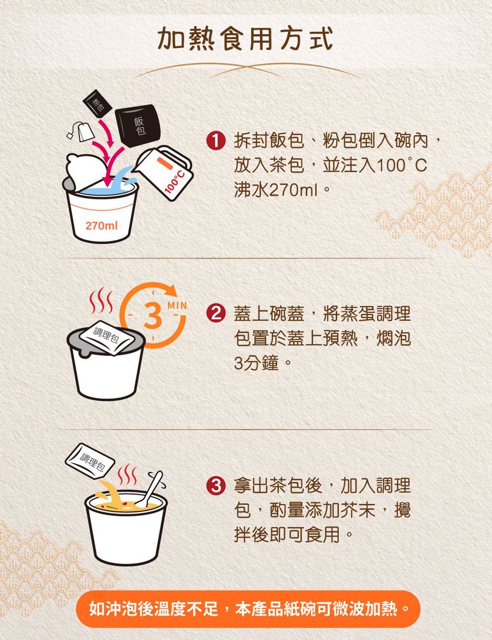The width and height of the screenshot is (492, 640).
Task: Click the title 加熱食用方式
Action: click(x=246, y=38)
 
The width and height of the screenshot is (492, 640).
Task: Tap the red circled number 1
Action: click(x=216, y=141)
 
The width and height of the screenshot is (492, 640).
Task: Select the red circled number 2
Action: click(x=216, y=314)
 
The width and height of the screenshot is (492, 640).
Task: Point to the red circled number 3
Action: click(x=216, y=485)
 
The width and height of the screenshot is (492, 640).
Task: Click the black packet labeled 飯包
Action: click(x=138, y=125)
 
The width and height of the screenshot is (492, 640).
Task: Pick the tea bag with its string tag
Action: click(x=82, y=131)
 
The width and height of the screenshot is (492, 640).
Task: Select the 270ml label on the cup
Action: click(x=101, y=226)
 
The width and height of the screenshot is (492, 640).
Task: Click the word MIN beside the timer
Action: click(x=177, y=306)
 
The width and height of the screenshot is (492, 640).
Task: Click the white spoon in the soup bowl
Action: click(x=150, y=489)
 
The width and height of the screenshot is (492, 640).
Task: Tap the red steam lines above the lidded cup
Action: click(x=101, y=301)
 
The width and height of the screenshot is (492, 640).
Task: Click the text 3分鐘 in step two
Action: click(x=257, y=363)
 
